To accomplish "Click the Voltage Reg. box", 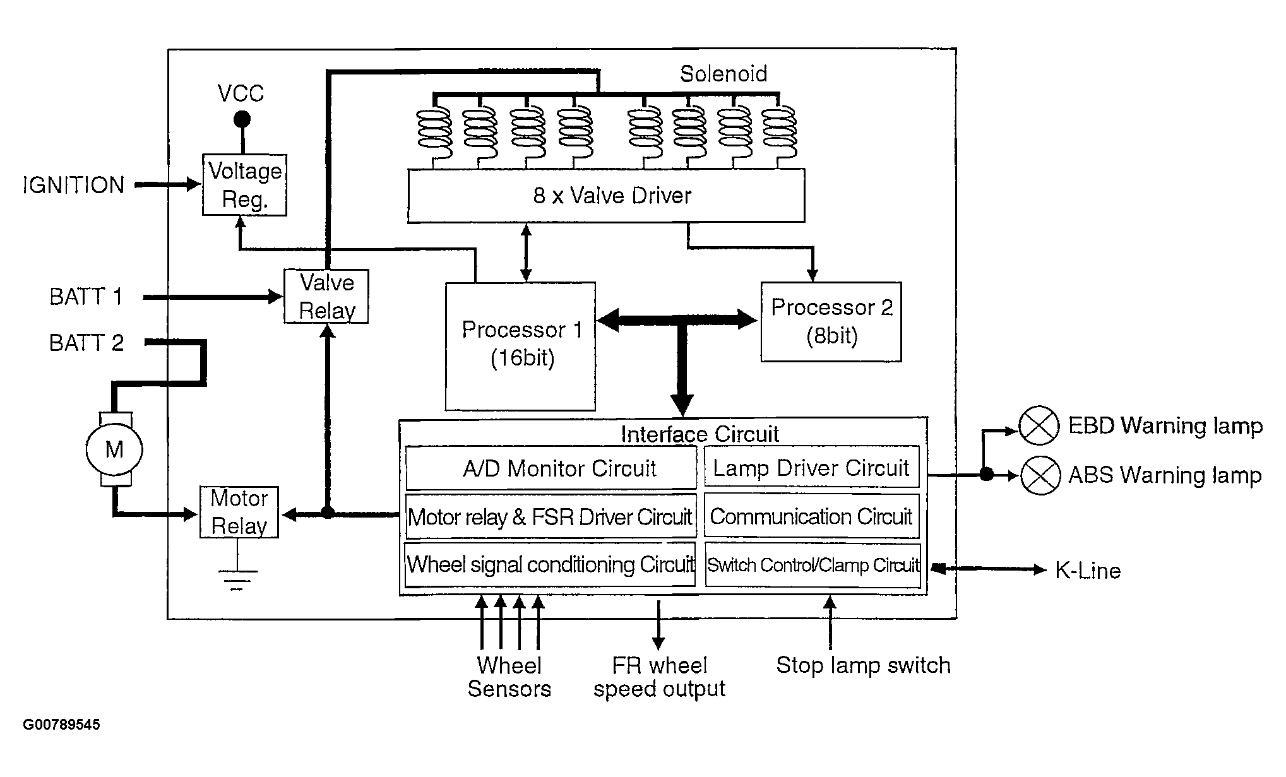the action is pyautogui.click(x=244, y=185).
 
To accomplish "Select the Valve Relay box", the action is pyautogui.click(x=326, y=297).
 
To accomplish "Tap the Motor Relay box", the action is pyautogui.click(x=239, y=512).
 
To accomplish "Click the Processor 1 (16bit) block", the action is pyautogui.click(x=520, y=346).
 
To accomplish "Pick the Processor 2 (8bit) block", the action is pyautogui.click(x=831, y=322).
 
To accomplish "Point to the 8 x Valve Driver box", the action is pyautogui.click(x=606, y=195).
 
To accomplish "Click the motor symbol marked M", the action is pyautogui.click(x=114, y=449).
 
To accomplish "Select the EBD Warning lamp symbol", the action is pyautogui.click(x=1039, y=426).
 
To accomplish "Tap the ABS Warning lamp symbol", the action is pyautogui.click(x=1040, y=475).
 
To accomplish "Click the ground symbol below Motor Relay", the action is pyautogui.click(x=237, y=580).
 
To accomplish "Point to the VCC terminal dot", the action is pyautogui.click(x=242, y=119).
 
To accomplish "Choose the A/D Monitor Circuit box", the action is pyautogui.click(x=551, y=468).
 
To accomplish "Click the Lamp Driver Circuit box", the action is pyautogui.click(x=812, y=467).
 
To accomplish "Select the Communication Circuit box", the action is pyautogui.click(x=812, y=516).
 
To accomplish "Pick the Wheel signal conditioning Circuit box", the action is pyautogui.click(x=550, y=564).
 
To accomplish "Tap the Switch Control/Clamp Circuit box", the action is pyautogui.click(x=813, y=565).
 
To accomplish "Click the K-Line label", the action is pyautogui.click(x=1088, y=571).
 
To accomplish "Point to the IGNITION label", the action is pyautogui.click(x=74, y=185).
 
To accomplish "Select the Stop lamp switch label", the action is pyautogui.click(x=863, y=665).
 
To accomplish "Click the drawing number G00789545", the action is pyautogui.click(x=61, y=725).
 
